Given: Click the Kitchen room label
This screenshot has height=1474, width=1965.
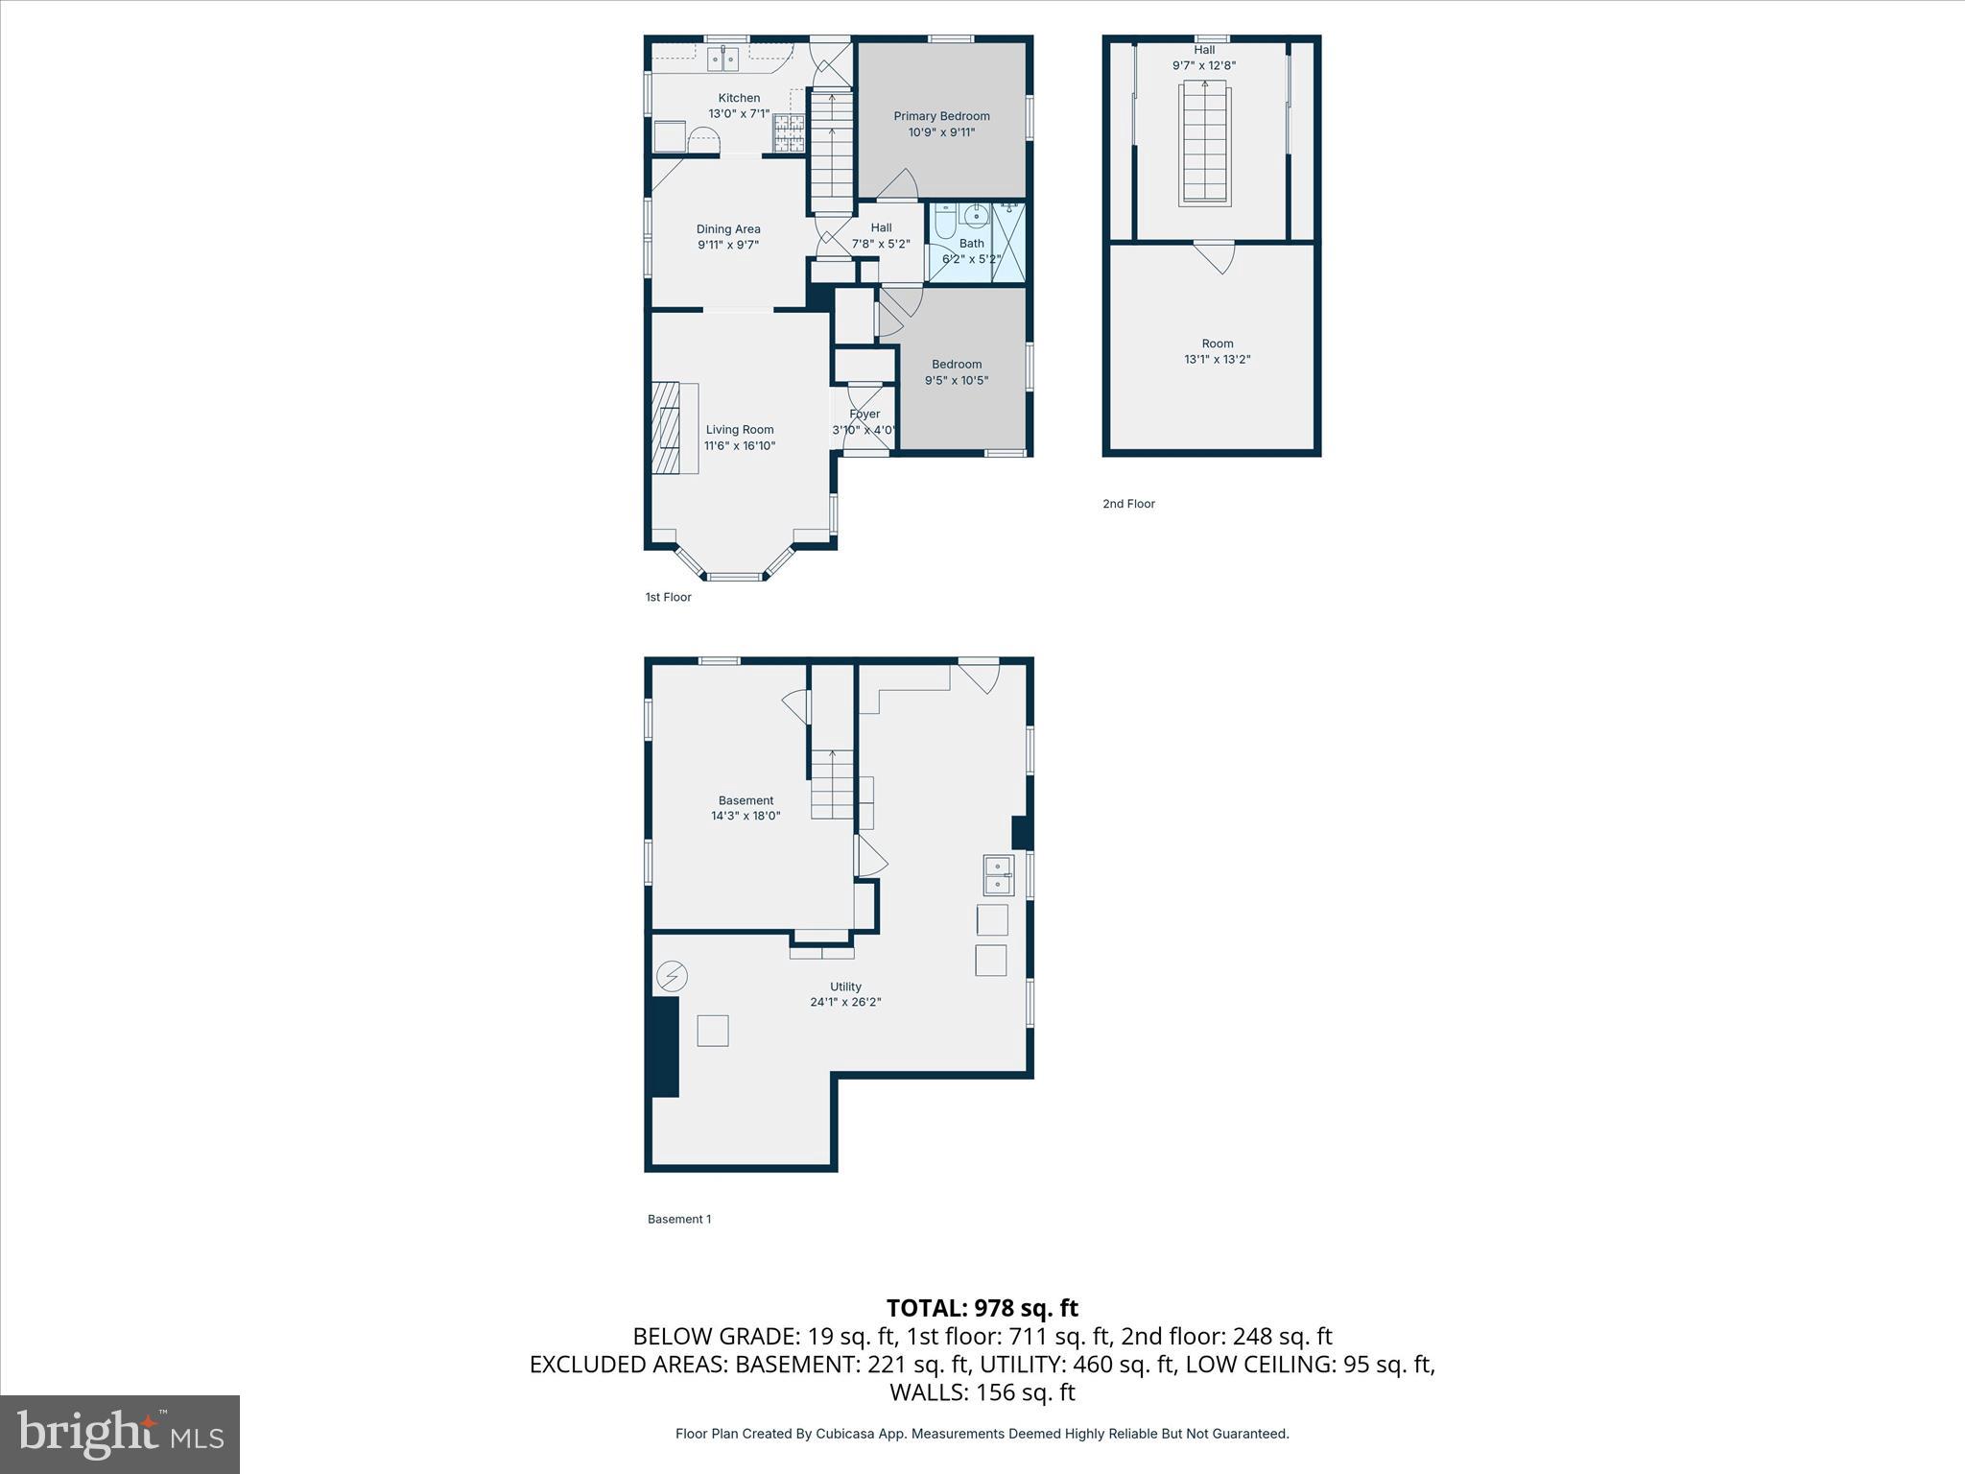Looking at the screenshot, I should click(x=739, y=98).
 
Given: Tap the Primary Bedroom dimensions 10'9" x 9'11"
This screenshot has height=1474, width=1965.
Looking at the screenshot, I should click(x=941, y=132).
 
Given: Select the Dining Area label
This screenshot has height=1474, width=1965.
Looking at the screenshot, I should click(x=728, y=229).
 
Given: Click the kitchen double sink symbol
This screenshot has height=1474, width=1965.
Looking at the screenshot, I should click(x=722, y=59).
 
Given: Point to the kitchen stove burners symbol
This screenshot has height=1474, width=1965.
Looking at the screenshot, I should click(x=789, y=134).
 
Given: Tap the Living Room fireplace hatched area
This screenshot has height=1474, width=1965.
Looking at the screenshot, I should click(x=665, y=428).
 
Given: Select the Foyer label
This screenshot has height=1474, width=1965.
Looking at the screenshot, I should click(x=864, y=415).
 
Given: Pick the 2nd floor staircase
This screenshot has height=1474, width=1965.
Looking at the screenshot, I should click(x=1204, y=142).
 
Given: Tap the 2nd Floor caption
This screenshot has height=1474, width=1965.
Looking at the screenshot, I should click(x=1128, y=504).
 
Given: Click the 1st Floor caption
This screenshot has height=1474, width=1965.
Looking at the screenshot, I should click(x=668, y=597).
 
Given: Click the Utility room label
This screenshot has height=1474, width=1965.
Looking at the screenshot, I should click(x=845, y=987).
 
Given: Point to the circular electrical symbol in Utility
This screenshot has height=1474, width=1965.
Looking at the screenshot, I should click(x=672, y=977).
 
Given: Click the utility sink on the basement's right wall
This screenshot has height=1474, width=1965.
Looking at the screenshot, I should click(x=998, y=875).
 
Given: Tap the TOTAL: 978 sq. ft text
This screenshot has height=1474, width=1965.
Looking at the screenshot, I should click(x=982, y=1308).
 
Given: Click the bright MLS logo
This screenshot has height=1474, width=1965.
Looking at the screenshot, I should click(x=120, y=1435).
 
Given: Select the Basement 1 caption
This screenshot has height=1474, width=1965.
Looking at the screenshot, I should click(x=679, y=1219).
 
